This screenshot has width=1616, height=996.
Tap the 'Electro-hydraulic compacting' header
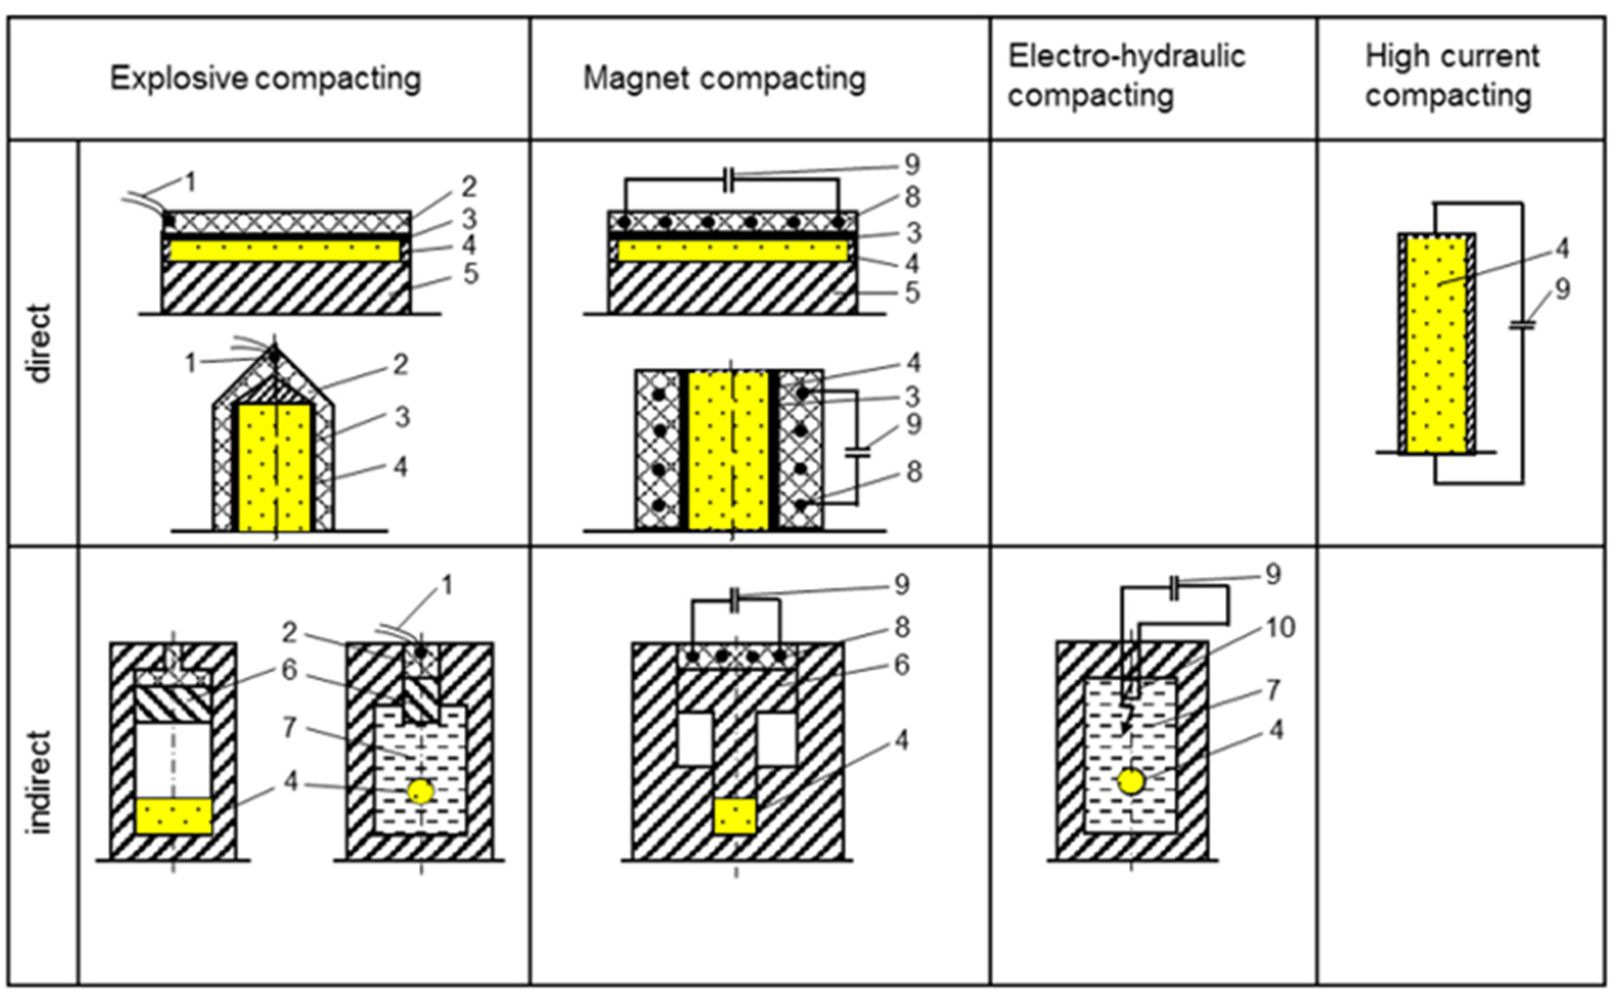[x=1126, y=76]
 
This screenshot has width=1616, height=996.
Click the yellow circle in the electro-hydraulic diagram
[x=1131, y=782]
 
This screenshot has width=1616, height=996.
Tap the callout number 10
[x=1280, y=628]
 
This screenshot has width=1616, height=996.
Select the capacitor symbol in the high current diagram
[x=1522, y=324]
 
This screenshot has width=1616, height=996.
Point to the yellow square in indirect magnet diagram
[x=734, y=816]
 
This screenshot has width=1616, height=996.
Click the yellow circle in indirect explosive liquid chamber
[x=420, y=791]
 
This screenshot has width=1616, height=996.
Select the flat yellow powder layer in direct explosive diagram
[x=285, y=251]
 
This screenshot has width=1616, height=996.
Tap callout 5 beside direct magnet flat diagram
[x=912, y=292]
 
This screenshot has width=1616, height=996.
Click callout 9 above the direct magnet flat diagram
[x=912, y=165]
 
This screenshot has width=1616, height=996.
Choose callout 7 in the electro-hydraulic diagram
[x=1273, y=690]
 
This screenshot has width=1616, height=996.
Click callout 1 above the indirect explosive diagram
[x=446, y=585]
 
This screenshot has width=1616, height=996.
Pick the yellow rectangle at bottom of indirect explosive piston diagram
[x=174, y=816]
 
